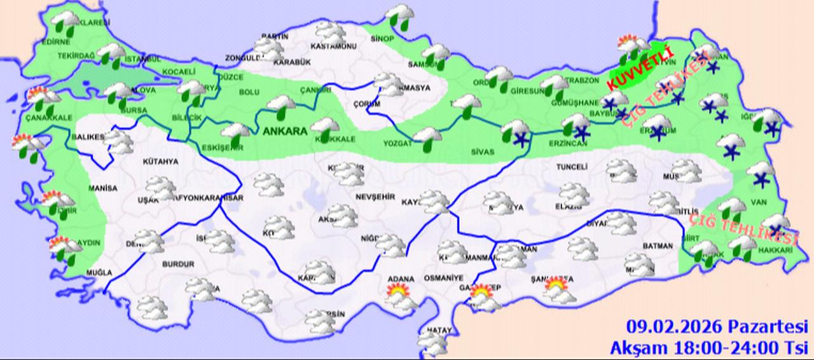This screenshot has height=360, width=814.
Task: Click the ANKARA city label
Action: point(284,131)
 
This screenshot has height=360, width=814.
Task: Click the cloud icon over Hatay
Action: point(434,342)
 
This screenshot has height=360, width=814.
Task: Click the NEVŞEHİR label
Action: point(372,197)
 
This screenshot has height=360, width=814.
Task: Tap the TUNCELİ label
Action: point(570,166)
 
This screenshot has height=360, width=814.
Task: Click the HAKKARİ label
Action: point(775,251)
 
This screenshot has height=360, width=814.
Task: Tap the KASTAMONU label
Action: point(333,47)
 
